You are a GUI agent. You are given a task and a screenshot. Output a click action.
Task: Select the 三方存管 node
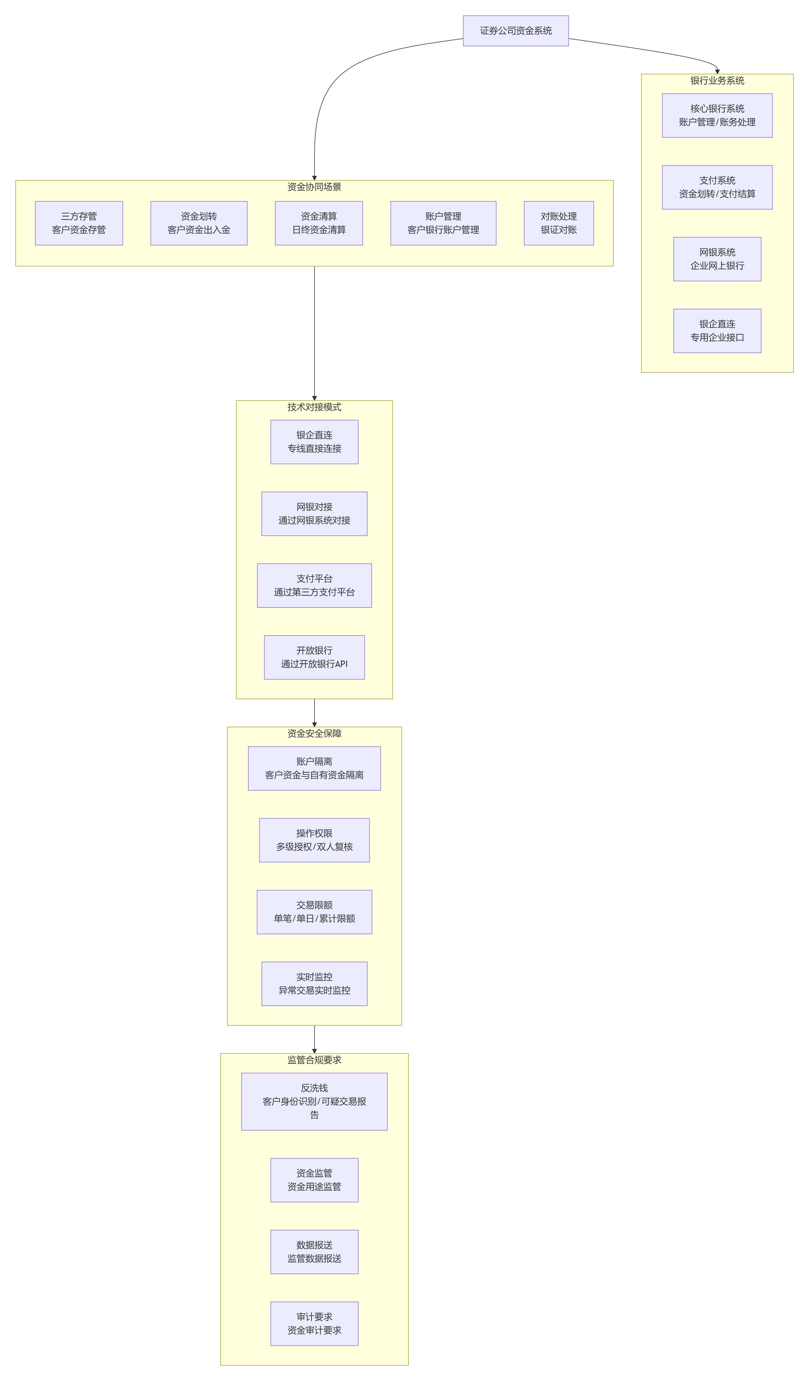tap(79, 223)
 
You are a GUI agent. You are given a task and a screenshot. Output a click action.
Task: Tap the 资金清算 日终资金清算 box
tap(319, 223)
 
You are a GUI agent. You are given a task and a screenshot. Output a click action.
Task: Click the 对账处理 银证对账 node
tap(559, 223)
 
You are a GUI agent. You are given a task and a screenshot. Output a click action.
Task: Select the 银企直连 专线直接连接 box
tap(315, 442)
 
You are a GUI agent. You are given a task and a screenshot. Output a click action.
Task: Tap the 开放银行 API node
tap(315, 658)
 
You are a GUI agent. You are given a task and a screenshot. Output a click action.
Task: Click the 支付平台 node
tap(315, 586)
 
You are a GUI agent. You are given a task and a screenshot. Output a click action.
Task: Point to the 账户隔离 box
tap(315, 768)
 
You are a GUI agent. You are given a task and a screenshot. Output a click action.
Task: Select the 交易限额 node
tap(315, 912)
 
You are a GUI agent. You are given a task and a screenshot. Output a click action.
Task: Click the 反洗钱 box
tap(315, 1101)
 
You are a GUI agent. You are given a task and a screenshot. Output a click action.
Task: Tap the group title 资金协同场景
tap(315, 187)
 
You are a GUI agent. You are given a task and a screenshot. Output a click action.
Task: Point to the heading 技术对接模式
tap(315, 407)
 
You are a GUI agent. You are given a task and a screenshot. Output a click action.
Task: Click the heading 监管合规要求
tap(315, 1060)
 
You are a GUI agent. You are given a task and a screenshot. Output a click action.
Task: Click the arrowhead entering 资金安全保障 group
tap(315, 724)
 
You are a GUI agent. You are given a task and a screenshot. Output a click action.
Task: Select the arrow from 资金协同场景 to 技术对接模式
tap(315, 333)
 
